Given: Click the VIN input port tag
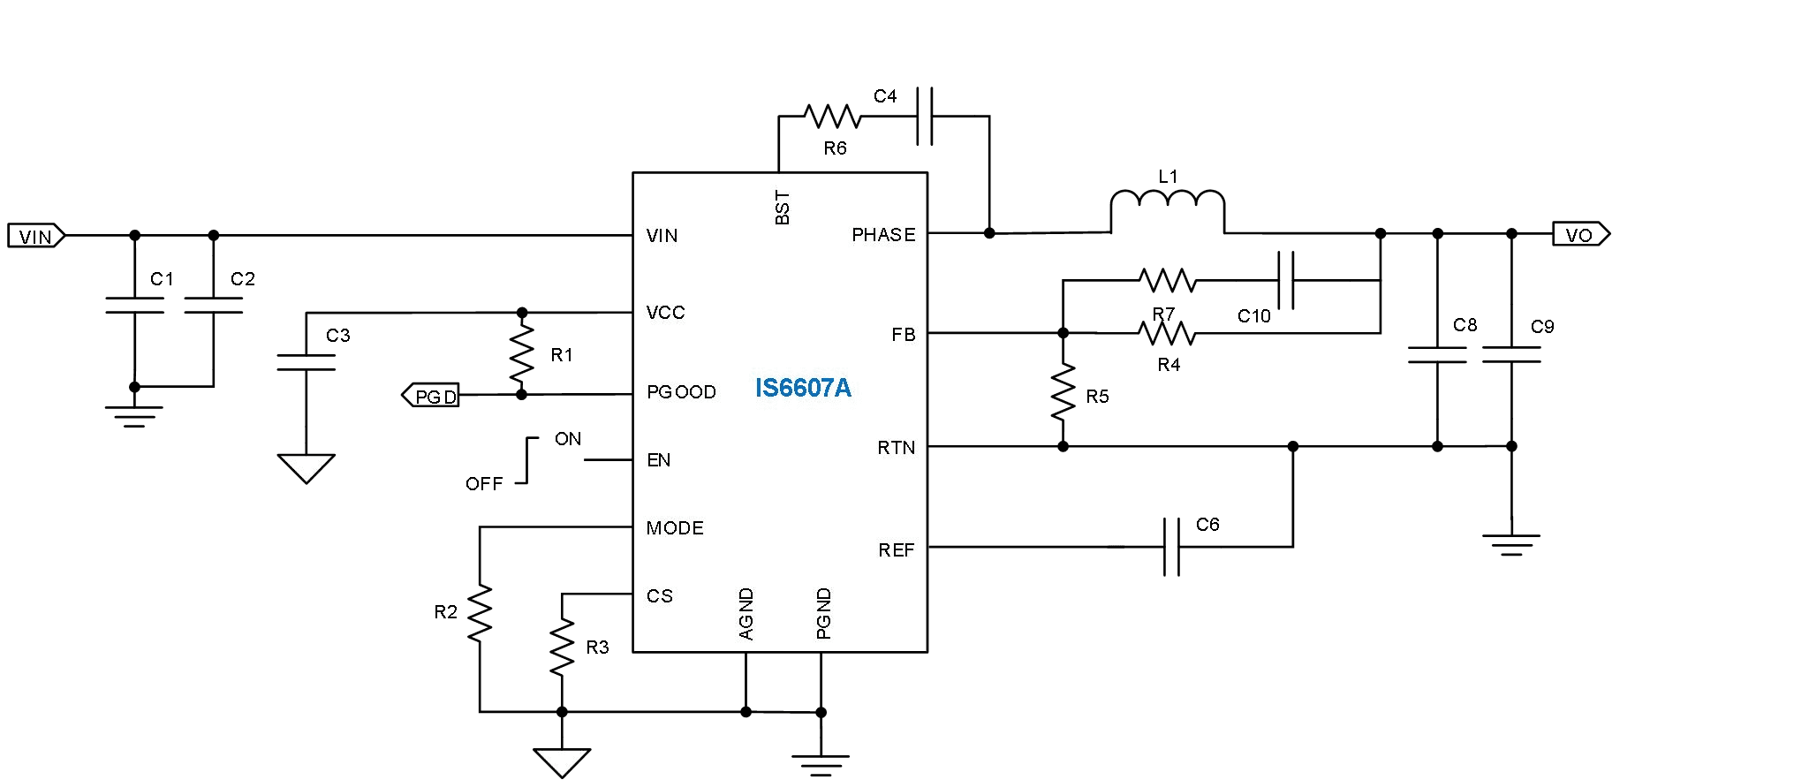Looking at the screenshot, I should (36, 236).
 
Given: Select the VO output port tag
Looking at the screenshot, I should (1581, 235).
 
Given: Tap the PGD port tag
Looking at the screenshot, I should (431, 396).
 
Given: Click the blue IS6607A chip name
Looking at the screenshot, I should (803, 389).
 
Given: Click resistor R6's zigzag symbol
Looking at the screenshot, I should (832, 117).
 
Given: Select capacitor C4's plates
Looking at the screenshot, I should (925, 116).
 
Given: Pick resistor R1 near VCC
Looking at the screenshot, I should (522, 353).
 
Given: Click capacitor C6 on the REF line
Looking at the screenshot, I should (1172, 548).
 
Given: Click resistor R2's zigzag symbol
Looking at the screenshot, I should (480, 613).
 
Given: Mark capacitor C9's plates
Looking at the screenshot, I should (1511, 354).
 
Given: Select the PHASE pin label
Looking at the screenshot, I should (883, 235).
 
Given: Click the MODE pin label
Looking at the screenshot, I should (675, 528).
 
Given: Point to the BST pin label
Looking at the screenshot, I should (783, 208).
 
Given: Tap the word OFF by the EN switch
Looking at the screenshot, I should (484, 484).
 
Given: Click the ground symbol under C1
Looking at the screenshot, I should (134, 415).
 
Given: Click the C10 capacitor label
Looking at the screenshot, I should (1253, 316).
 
